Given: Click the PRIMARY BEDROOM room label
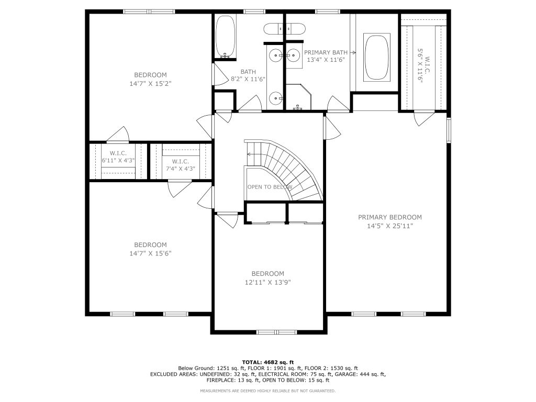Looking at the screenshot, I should (389, 217).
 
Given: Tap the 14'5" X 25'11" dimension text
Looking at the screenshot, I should (389, 226).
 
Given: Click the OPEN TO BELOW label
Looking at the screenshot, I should (270, 187).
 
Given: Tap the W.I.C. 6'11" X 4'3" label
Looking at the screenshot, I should (118, 157).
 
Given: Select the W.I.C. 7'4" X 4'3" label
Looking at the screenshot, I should (180, 165).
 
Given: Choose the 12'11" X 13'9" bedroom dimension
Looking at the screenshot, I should (267, 282).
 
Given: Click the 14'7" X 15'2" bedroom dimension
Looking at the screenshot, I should (150, 83).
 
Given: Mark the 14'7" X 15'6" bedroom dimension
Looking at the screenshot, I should (150, 253).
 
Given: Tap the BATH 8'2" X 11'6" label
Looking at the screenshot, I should (248, 75).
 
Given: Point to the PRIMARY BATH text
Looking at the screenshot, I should (326, 52).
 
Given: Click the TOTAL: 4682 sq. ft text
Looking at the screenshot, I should (267, 362).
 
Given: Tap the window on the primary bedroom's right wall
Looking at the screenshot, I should (449, 130).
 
